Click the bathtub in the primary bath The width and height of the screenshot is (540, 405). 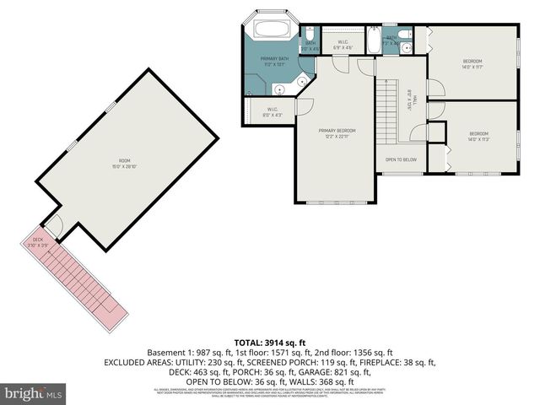point(271,30)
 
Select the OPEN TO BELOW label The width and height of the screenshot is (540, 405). point(401,159)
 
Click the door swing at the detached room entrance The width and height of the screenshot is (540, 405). point(52,225)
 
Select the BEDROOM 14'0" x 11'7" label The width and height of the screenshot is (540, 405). point(472,63)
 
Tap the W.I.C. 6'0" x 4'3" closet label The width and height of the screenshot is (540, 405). point(273,111)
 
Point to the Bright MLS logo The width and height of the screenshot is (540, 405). point(34,393)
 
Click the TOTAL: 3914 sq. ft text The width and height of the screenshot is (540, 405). point(270,342)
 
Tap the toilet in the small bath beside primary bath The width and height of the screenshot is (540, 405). point(309,35)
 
